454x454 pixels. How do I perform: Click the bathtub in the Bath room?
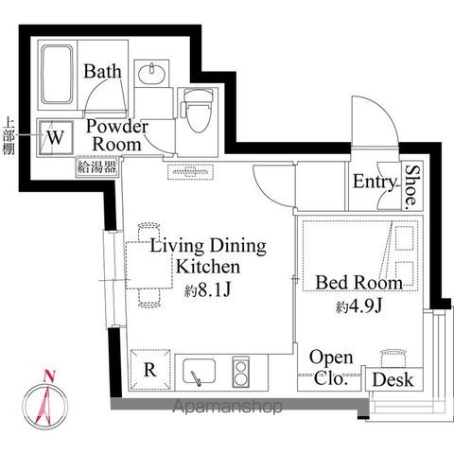57,75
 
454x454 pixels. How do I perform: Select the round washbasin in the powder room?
152,74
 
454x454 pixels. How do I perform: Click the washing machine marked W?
56,138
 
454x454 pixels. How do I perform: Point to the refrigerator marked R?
150,369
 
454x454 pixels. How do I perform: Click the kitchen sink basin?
200,371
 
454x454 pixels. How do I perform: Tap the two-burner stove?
240,372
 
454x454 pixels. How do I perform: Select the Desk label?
393,379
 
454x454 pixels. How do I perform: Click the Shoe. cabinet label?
411,187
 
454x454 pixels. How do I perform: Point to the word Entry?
374,182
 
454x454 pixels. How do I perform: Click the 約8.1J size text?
208,290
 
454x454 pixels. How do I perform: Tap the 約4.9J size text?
359,306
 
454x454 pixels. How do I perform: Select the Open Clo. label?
331,368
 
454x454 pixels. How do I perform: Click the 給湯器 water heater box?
97,166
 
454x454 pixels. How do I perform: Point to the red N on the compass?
49,375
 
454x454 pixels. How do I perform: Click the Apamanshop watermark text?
227,406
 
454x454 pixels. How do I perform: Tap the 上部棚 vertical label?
9,136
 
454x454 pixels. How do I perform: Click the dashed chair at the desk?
393,358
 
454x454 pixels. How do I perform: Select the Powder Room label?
117,135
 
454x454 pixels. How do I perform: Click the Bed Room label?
359,283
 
